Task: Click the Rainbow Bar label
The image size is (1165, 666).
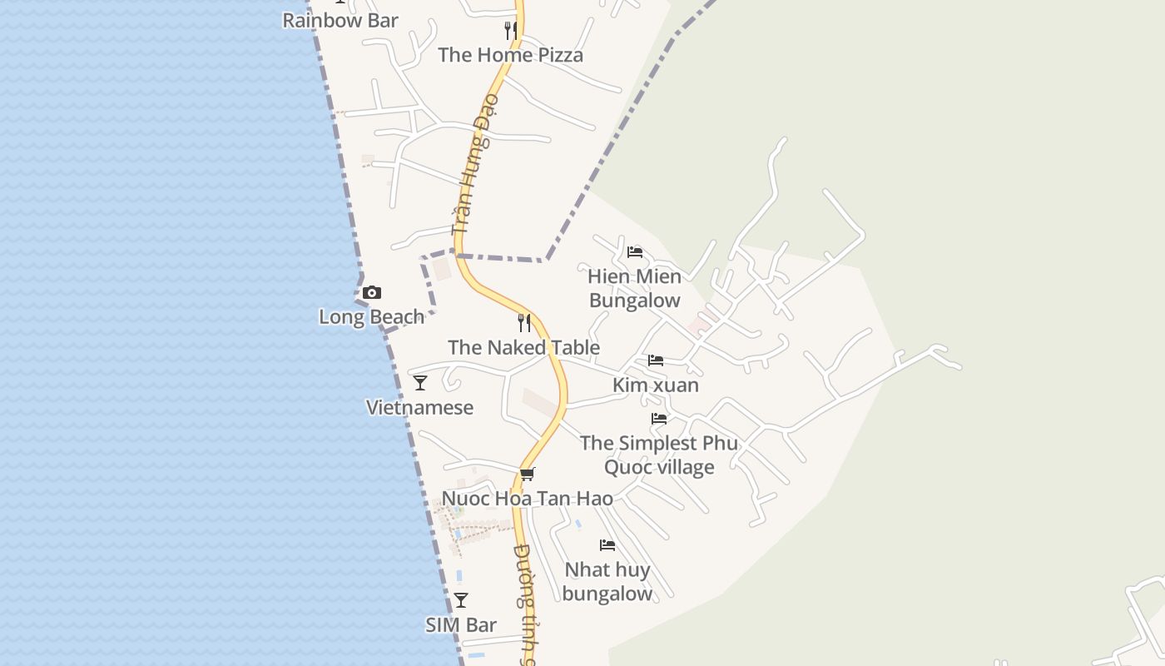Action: (340, 21)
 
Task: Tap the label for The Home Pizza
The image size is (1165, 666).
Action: (510, 55)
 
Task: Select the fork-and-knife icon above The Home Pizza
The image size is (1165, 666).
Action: (510, 31)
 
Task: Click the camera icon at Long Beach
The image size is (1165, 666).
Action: (372, 292)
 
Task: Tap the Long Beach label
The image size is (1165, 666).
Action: (371, 317)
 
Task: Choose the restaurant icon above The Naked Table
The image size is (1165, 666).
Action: (524, 322)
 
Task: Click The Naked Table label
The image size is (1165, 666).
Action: (523, 348)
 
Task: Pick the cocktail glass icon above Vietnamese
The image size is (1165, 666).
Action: (420, 383)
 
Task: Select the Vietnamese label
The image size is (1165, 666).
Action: (419, 408)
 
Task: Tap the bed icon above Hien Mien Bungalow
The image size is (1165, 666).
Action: (635, 251)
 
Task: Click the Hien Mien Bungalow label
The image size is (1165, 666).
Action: (634, 288)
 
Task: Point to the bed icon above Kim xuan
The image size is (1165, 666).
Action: (656, 360)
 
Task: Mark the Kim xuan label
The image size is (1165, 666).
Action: (656, 385)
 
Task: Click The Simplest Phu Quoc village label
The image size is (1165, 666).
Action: (659, 455)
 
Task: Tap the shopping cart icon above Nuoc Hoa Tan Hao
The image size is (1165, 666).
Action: (527, 475)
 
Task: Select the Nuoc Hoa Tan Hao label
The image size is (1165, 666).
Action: (527, 499)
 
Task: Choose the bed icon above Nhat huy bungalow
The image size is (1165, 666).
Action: (607, 545)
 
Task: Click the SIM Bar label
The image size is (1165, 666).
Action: (461, 625)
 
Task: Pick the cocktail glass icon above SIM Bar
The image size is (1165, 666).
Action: (461, 600)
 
